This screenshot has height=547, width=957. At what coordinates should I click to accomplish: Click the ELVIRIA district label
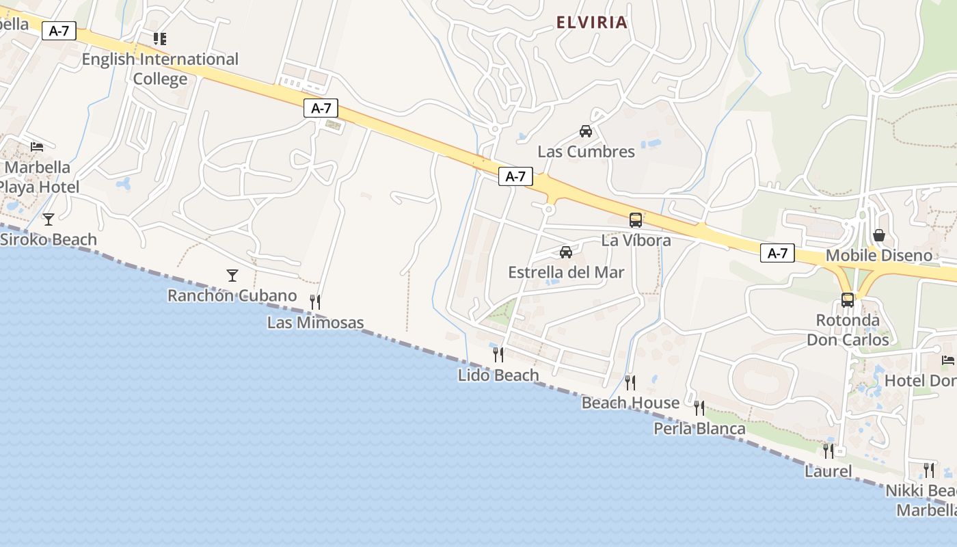click(x=591, y=23)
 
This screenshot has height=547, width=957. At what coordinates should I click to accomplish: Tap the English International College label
click(x=160, y=69)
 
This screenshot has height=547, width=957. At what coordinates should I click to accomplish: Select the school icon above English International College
click(x=159, y=39)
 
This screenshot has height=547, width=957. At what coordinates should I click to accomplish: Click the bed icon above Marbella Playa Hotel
click(x=37, y=147)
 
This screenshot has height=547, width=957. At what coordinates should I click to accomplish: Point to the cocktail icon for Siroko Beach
click(x=48, y=219)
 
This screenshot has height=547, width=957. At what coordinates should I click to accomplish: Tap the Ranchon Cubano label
click(x=232, y=295)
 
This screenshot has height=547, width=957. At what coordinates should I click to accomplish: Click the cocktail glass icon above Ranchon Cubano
click(x=232, y=276)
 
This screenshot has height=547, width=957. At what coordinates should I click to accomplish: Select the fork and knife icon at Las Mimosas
click(x=315, y=302)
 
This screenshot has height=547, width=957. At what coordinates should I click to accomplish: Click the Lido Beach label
click(x=498, y=375)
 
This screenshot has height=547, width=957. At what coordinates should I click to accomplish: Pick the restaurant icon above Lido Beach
click(x=498, y=354)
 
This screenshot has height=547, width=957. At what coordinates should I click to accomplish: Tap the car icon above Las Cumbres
click(x=586, y=131)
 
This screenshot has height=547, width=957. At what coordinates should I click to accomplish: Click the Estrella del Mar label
click(x=566, y=272)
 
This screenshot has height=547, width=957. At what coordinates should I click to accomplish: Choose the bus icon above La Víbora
click(x=636, y=220)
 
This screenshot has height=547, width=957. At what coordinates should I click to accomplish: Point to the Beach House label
click(x=630, y=403)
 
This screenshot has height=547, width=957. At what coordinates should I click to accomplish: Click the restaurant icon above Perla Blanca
click(x=699, y=408)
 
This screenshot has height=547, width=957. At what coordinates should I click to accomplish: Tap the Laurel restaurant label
click(x=828, y=471)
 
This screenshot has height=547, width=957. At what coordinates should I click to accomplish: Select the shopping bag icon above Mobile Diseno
click(x=879, y=236)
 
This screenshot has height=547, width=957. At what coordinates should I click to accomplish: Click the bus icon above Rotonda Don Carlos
click(x=848, y=300)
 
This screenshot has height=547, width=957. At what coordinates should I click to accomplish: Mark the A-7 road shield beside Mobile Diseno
click(x=777, y=254)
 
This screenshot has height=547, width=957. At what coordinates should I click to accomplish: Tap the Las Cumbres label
click(x=586, y=151)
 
